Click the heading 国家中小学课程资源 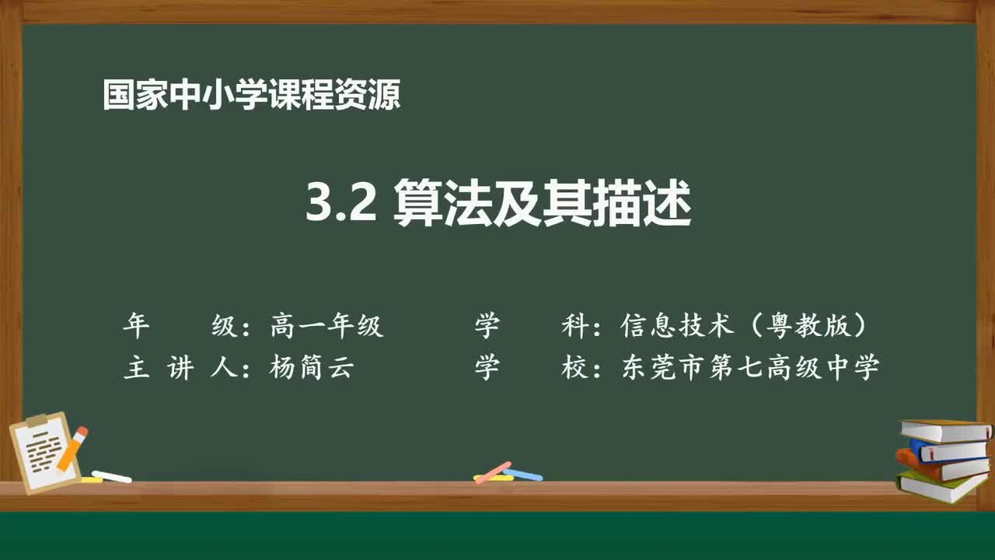click(251, 96)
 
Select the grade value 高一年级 click(326, 326)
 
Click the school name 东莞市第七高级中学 click(750, 367)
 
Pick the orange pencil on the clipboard click(71, 450)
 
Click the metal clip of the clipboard click(37, 421)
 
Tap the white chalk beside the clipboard click(111, 476)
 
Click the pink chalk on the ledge click(492, 472)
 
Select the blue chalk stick click(523, 474)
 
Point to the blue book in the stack click(947, 450)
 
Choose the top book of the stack click(945, 430)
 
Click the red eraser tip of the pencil click(82, 432)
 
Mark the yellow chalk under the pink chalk click(493, 478)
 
